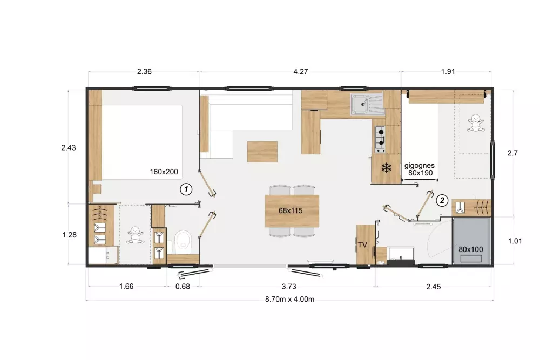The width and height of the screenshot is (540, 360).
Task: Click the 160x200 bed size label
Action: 164,172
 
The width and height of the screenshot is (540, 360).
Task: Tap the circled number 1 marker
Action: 186,189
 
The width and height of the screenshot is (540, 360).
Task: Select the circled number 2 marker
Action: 442,200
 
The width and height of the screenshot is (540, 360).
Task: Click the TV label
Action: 362,244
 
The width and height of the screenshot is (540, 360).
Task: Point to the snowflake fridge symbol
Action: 387,168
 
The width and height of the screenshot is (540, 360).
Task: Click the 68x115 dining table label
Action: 291,210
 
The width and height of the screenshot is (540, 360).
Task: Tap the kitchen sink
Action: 367,104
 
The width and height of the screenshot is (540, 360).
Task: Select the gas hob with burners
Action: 380,139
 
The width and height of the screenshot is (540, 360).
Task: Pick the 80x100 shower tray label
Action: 470,249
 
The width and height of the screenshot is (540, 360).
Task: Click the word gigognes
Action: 420,166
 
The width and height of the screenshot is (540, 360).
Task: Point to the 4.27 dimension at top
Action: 300,72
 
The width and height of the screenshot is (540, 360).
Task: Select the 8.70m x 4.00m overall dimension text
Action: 289,299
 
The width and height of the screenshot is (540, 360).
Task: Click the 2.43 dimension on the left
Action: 69,148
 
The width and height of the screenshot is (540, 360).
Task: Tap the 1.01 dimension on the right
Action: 515,241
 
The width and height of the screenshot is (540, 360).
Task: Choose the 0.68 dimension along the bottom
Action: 183,287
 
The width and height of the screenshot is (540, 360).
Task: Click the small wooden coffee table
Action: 262,152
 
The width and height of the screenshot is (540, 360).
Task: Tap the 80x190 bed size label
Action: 421,173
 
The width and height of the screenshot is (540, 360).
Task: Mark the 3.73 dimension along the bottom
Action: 289,287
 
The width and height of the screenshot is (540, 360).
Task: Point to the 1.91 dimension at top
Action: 448,72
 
